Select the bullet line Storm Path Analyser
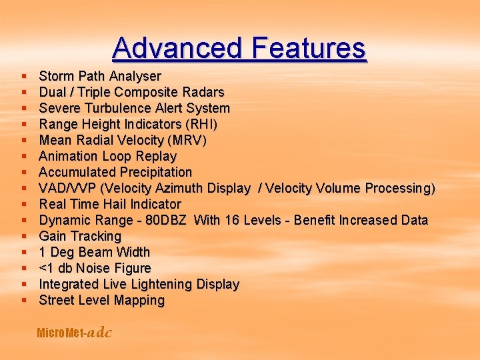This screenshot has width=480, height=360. coord(100,76)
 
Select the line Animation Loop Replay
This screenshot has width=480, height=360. coord(107,156)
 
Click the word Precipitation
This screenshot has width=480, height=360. coord(151,172)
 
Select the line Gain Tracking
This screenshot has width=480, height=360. coord(80,236)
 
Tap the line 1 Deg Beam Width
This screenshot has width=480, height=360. coord(95,252)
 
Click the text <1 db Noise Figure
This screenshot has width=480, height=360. coord(95,268)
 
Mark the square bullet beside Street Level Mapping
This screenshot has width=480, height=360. coord(24,301)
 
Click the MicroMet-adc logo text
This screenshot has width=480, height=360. coord(74,333)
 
